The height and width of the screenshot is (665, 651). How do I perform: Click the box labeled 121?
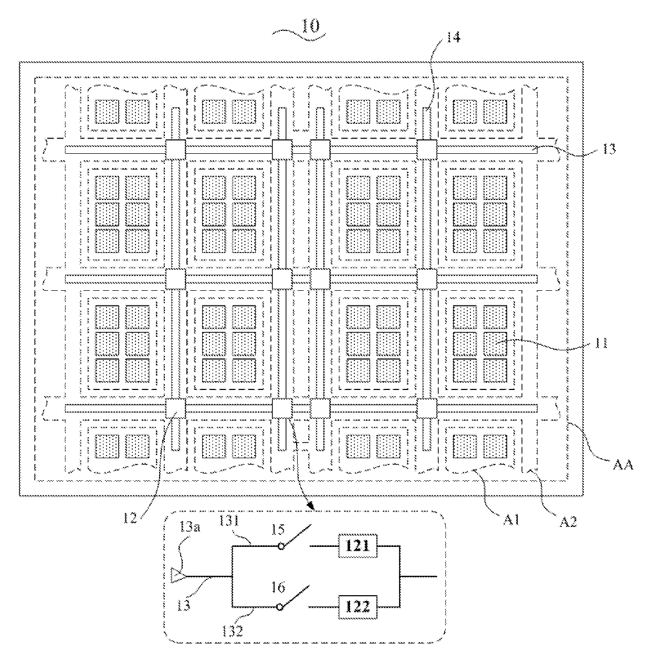[358, 546]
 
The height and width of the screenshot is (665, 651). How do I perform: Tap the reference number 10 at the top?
[310, 26]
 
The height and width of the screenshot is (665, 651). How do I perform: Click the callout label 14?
[453, 37]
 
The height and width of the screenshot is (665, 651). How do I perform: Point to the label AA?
[623, 465]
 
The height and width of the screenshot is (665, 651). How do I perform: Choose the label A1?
[511, 520]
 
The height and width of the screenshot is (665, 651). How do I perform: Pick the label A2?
[568, 521]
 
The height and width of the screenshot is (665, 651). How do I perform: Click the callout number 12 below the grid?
[130, 518]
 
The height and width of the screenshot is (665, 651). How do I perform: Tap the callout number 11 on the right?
[601, 343]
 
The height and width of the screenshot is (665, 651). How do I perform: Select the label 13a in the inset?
[190, 527]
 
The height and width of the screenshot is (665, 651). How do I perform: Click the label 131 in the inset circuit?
[229, 521]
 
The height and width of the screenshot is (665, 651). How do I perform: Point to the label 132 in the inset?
[232, 631]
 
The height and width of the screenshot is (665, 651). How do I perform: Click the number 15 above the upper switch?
[278, 530]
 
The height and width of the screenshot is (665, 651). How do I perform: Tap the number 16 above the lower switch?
[278, 587]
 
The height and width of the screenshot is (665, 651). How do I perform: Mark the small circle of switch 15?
[281, 546]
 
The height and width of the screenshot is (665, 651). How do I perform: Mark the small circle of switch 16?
[280, 607]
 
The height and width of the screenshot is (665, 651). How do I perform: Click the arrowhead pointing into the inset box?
[312, 506]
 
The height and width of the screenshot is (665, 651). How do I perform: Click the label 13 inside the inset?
[183, 605]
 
